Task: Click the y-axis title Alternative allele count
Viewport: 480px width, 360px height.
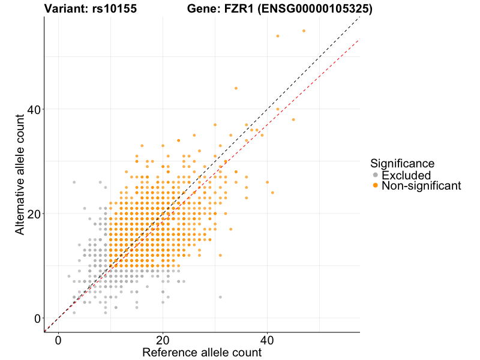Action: [x=20, y=174]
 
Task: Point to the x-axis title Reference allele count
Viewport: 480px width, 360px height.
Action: [x=202, y=352]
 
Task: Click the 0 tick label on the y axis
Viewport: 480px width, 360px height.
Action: [x=37, y=318]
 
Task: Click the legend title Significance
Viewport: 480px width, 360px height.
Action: [x=402, y=163]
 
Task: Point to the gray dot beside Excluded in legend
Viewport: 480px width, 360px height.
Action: [x=376, y=175]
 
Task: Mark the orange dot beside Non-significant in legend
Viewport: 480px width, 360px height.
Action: [x=376, y=186]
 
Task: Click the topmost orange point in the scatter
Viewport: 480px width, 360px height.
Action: [x=304, y=31]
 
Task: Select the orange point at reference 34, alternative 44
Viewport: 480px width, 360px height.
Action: [x=236, y=88]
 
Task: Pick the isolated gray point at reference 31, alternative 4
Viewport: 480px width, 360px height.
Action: [x=220, y=297]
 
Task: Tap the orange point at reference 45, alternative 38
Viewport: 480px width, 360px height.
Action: [x=293, y=119]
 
